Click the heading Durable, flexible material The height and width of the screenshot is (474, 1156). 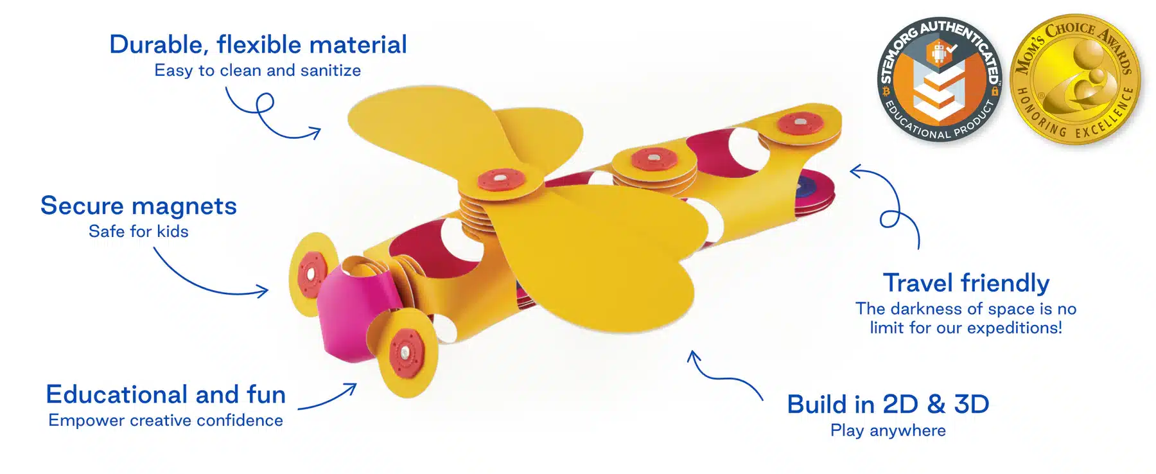(258, 45)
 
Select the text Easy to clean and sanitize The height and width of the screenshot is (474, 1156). (258, 71)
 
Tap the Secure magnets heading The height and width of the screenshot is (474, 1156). (139, 206)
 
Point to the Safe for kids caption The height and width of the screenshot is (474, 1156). (139, 232)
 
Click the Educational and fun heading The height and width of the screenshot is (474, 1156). (166, 394)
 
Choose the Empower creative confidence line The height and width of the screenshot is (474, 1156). (166, 421)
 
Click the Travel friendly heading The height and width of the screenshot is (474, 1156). (966, 283)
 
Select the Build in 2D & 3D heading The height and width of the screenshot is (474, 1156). (888, 405)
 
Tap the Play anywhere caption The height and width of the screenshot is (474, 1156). (888, 431)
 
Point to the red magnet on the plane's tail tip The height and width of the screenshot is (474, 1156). (800, 122)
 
